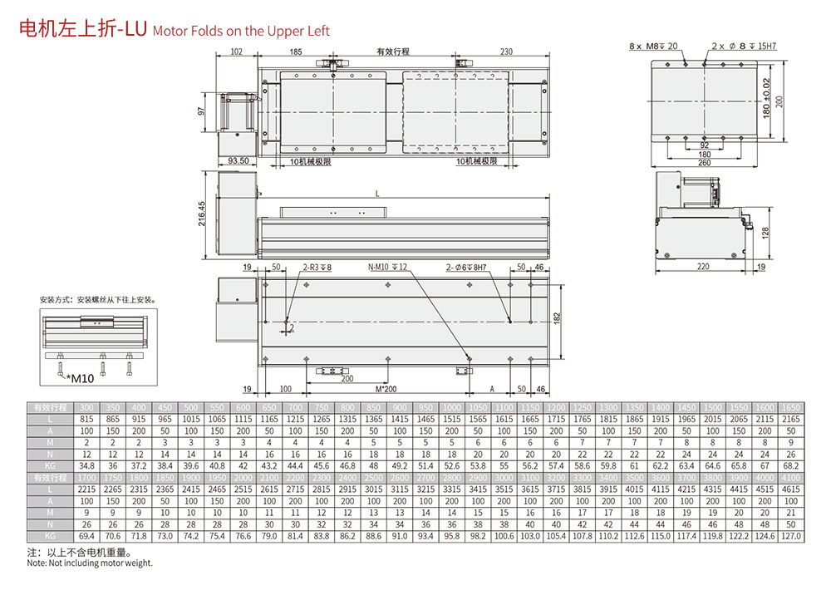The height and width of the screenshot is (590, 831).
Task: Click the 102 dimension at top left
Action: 236,52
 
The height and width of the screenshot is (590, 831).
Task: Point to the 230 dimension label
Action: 507,52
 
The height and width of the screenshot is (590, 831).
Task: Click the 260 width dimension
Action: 704,162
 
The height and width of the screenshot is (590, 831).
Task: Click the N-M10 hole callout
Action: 387,268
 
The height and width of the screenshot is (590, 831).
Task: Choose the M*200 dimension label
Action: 386,388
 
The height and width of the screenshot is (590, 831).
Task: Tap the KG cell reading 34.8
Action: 86,466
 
